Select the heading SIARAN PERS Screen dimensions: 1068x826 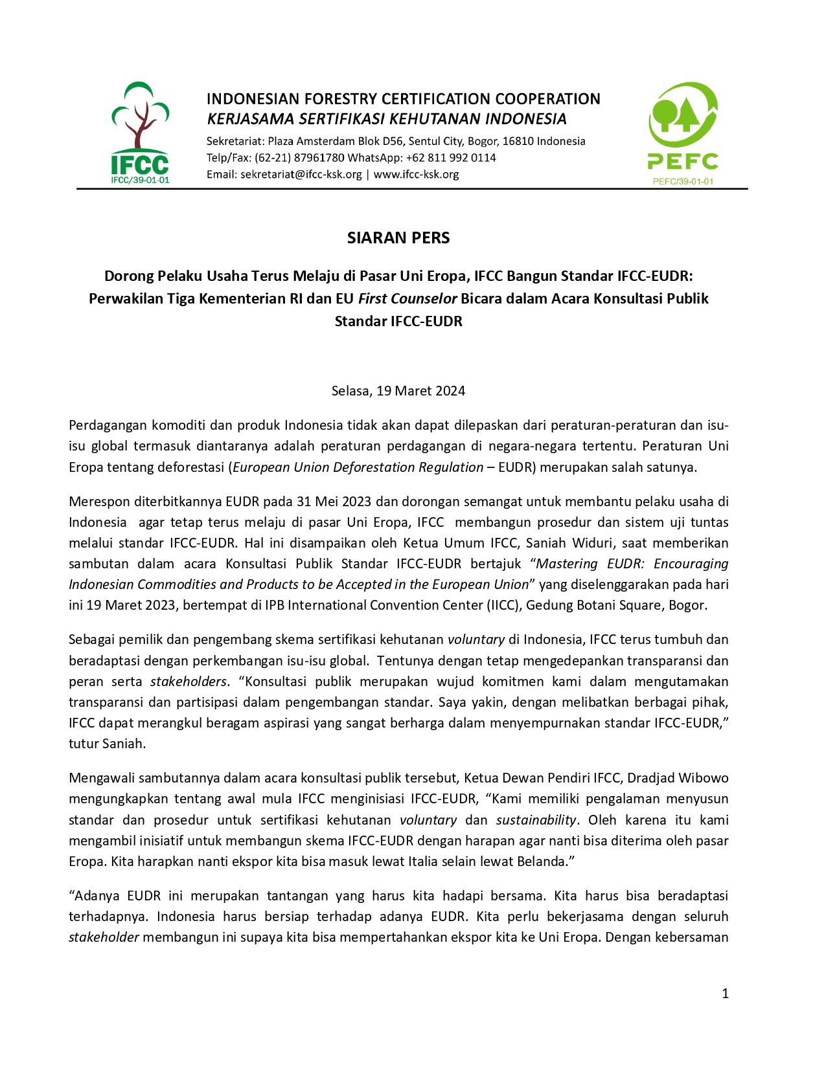point(398,238)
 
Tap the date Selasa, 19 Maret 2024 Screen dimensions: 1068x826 point(398,391)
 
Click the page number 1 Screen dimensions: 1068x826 point(725,994)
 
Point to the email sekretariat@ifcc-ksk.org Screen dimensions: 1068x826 point(301,174)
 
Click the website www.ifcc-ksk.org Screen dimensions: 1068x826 point(416,174)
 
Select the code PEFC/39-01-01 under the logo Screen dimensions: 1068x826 point(683,181)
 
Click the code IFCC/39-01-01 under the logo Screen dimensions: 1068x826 point(140,180)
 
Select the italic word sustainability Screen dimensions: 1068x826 point(536,820)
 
